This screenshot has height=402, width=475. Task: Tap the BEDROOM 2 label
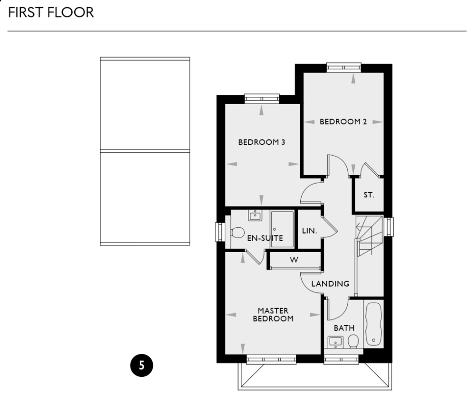(x=343, y=122)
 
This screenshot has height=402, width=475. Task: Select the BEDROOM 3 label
(x=261, y=142)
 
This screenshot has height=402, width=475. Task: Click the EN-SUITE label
(x=265, y=238)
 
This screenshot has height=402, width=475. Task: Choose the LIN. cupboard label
(x=310, y=231)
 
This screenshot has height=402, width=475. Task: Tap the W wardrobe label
(x=294, y=260)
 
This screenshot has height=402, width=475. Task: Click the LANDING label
(x=330, y=284)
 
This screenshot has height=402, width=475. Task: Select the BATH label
(x=344, y=328)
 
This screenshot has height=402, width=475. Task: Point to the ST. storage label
(x=369, y=195)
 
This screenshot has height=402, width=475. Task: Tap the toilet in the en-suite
(x=236, y=233)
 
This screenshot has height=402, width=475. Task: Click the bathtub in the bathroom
(x=373, y=323)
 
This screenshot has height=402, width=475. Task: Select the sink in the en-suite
(x=255, y=216)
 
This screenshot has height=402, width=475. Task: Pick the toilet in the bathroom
(x=353, y=341)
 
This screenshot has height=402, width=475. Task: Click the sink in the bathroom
(x=336, y=341)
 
